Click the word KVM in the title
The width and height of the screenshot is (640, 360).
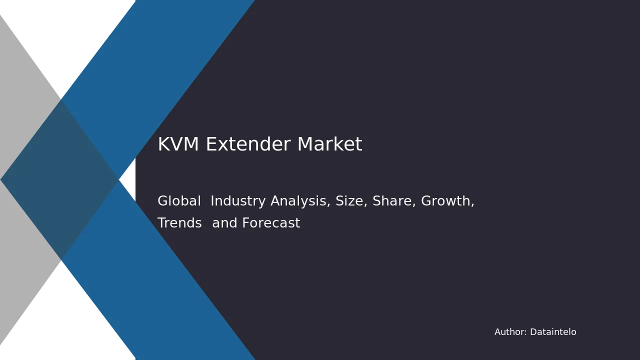178,144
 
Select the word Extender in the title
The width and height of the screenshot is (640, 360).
248,144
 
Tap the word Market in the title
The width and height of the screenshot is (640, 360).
330,144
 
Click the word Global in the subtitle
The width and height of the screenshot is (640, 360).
179,201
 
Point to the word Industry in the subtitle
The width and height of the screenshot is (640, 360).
238,201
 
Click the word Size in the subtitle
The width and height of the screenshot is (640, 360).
351,201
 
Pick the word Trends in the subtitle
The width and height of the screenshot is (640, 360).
179,223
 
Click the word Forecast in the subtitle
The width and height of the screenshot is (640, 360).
271,223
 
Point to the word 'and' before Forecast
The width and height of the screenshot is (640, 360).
224,223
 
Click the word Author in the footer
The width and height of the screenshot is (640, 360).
509,332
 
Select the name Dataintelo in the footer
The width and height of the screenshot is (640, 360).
553,332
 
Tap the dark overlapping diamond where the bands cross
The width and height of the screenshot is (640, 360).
59,180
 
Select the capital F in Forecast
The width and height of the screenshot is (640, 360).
245,223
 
